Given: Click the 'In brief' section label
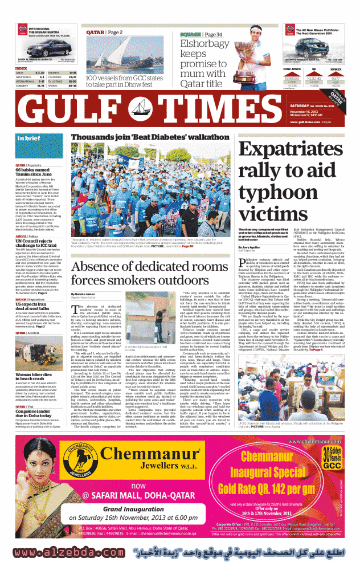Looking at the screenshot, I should coord(30,138).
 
